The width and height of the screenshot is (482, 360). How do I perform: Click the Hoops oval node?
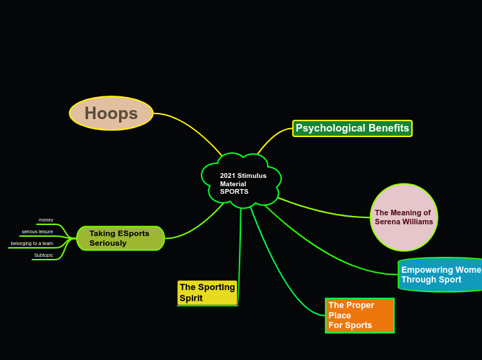point(111,113)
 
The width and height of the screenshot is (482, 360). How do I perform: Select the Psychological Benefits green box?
point(352,128)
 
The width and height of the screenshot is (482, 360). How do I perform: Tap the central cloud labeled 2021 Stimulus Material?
point(242,181)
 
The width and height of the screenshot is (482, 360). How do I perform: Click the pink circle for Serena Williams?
point(404,217)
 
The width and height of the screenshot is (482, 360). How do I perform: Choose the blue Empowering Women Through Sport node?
point(440,275)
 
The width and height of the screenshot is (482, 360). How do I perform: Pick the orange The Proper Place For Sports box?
point(359,316)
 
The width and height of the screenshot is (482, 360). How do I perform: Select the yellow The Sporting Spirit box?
point(207,293)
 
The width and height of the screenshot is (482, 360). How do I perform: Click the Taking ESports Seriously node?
point(120,238)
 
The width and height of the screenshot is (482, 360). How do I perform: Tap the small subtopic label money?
point(46,219)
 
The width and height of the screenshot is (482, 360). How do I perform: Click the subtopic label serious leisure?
point(37,231)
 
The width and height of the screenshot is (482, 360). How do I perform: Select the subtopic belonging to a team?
point(32,243)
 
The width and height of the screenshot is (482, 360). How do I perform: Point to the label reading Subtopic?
point(44,255)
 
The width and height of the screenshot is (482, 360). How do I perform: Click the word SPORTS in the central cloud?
point(234,192)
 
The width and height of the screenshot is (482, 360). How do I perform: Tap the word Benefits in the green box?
point(389,128)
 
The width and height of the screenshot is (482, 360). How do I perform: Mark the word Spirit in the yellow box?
point(191,298)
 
